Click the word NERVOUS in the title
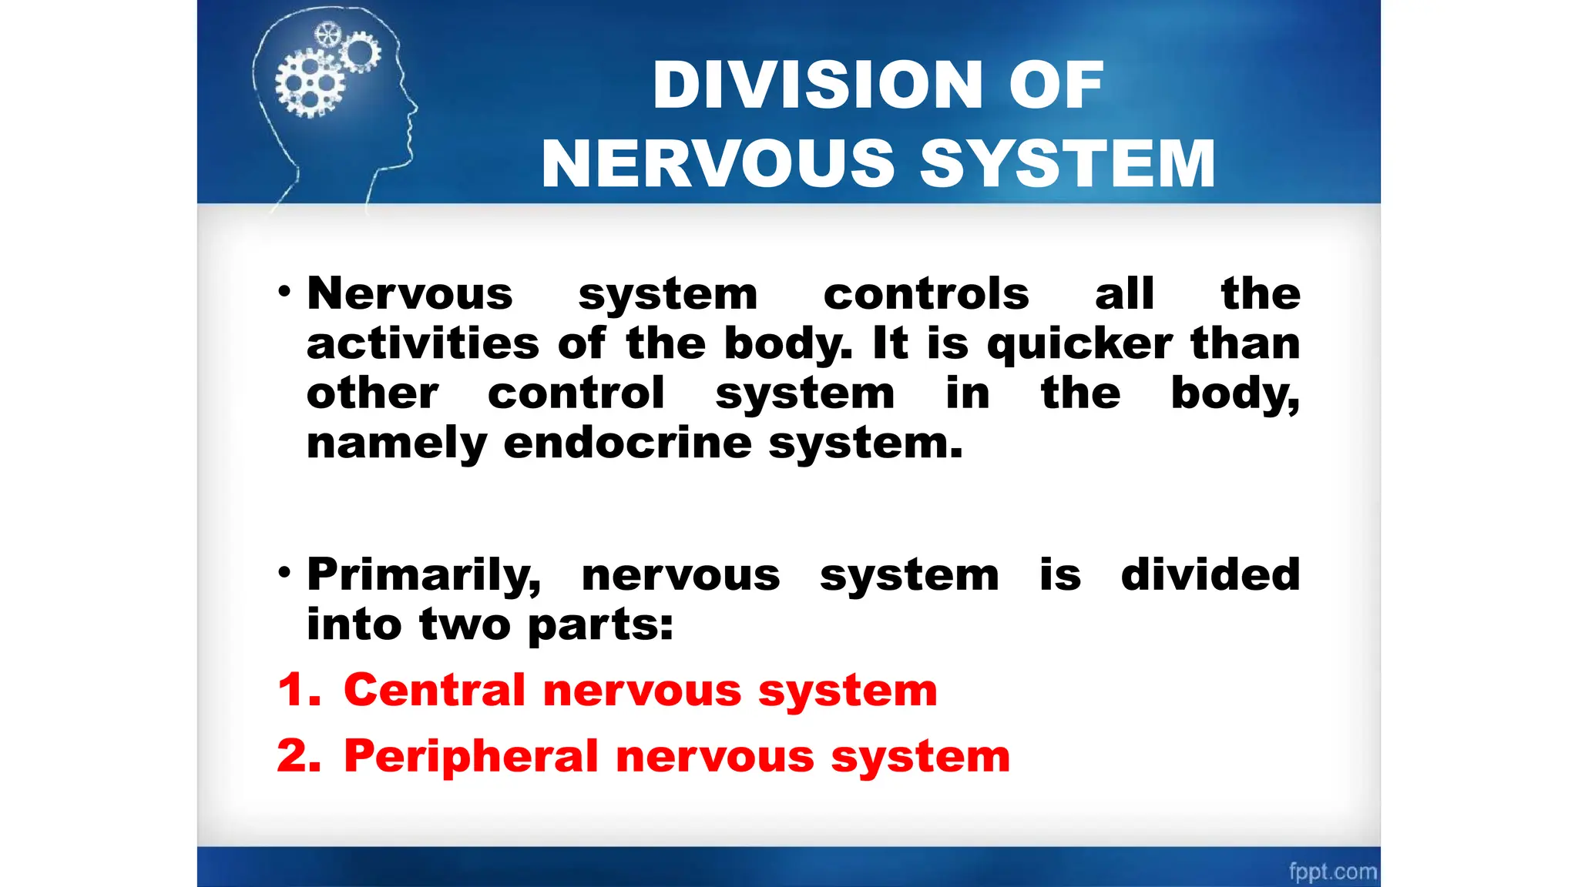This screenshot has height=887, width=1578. click(x=717, y=163)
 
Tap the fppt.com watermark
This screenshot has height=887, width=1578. click(x=1332, y=871)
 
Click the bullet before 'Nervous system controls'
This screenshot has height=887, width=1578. click(x=284, y=292)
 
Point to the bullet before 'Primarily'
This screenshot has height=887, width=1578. click(x=284, y=573)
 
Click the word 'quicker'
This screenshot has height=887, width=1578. click(x=1079, y=344)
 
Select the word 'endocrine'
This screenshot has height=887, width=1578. click(x=627, y=443)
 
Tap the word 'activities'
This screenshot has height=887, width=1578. click(x=422, y=343)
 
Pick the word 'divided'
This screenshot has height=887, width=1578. click(x=1210, y=574)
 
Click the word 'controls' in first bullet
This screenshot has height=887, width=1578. click(x=925, y=294)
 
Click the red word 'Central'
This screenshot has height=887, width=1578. click(x=434, y=689)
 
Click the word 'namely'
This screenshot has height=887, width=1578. click(x=396, y=444)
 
